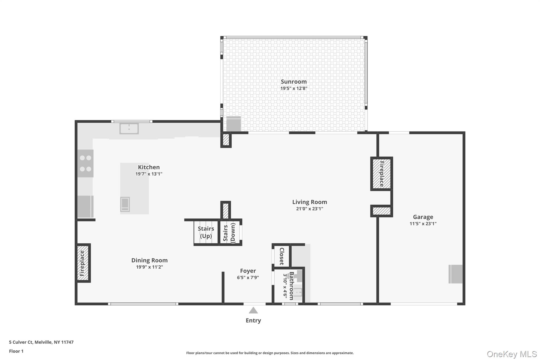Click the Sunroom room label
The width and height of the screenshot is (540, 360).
pyautogui.click(x=293, y=82)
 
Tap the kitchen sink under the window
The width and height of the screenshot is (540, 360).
pyautogui.click(x=129, y=129)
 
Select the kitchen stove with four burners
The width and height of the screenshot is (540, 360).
pyautogui.click(x=85, y=164)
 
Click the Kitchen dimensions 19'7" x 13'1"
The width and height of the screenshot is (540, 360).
pyautogui.click(x=149, y=174)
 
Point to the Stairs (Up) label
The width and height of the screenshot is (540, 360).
pyautogui.click(x=206, y=232)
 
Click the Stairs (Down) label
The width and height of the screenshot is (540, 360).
pyautogui.click(x=229, y=233)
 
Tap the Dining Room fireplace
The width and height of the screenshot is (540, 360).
pyautogui.click(x=83, y=263)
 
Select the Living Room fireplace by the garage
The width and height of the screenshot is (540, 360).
pyautogui.click(x=382, y=174)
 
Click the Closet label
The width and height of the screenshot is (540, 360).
pyautogui.click(x=282, y=256)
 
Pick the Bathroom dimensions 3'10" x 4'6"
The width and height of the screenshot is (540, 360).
pyautogui.click(x=285, y=286)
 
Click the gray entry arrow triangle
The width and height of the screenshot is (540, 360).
pyautogui.click(x=253, y=310)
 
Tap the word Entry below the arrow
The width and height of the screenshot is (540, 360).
pyautogui.click(x=253, y=320)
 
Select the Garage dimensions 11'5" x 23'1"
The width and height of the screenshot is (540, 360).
pyautogui.click(x=423, y=224)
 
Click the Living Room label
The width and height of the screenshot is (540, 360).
pyautogui.click(x=310, y=202)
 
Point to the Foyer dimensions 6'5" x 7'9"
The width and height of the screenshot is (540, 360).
pyautogui.click(x=248, y=277)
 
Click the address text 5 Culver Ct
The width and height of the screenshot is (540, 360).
pyautogui.click(x=21, y=342)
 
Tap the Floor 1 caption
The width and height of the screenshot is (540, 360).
pyautogui.click(x=16, y=351)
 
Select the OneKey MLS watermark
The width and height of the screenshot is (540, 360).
pyautogui.click(x=512, y=354)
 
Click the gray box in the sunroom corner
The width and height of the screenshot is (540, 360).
pyautogui.click(x=234, y=124)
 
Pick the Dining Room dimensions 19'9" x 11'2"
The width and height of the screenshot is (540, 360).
pyautogui.click(x=150, y=267)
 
